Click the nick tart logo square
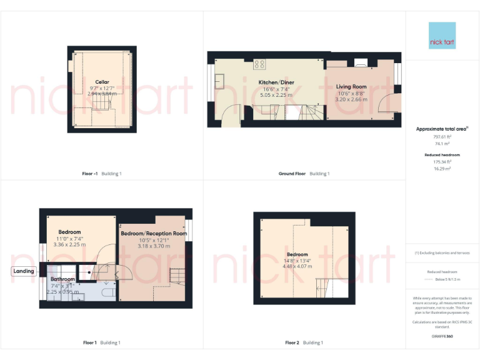pos(442,36)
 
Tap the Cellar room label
pos(102,82)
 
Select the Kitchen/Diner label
pos(276,82)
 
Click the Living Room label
pos(351,87)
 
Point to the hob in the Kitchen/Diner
pos(259,64)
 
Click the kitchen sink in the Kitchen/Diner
pos(221,80)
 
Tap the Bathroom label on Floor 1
pos(62,279)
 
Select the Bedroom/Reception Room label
pos(154,234)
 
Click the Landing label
pos(24,271)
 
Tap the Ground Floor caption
pos(292,173)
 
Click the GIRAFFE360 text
pos(442,337)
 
